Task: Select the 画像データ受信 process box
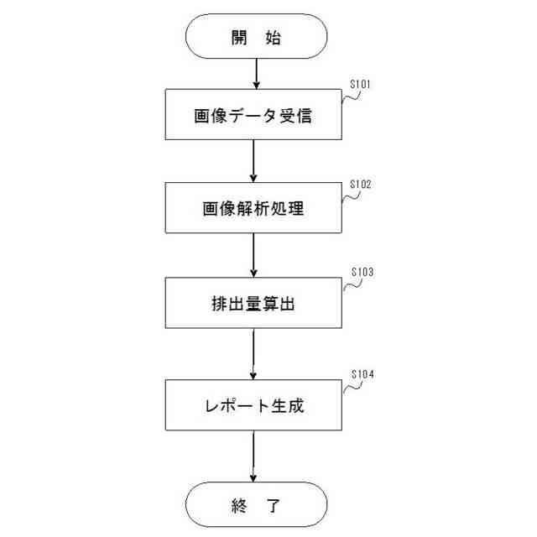pos(253,116)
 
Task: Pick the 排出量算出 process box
pos(253,304)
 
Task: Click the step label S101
pos(360,84)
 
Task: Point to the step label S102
pos(360,183)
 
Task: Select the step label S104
pos(360,374)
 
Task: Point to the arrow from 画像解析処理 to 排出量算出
pos(253,256)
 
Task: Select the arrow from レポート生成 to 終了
pos(253,457)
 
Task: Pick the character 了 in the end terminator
pos(274,505)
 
